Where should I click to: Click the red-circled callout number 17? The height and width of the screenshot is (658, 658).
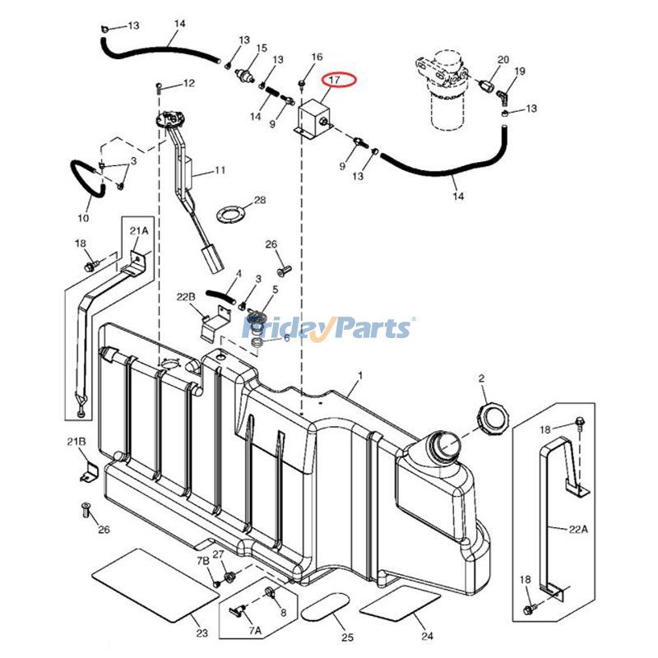click(334, 80)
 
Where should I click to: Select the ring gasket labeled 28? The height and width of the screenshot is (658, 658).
click(230, 215)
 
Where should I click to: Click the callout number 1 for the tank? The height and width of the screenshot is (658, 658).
click(359, 375)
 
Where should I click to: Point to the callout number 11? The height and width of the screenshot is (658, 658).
click(220, 170)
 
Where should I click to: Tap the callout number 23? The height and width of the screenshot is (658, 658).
click(202, 633)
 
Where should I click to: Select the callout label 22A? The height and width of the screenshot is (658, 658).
click(579, 530)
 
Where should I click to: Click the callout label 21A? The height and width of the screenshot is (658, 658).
click(139, 231)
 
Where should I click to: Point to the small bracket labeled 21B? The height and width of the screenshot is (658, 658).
click(89, 473)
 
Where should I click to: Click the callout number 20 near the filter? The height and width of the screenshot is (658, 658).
click(503, 59)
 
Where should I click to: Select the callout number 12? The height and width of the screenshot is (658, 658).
click(188, 84)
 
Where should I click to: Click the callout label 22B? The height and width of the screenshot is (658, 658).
click(186, 297)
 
